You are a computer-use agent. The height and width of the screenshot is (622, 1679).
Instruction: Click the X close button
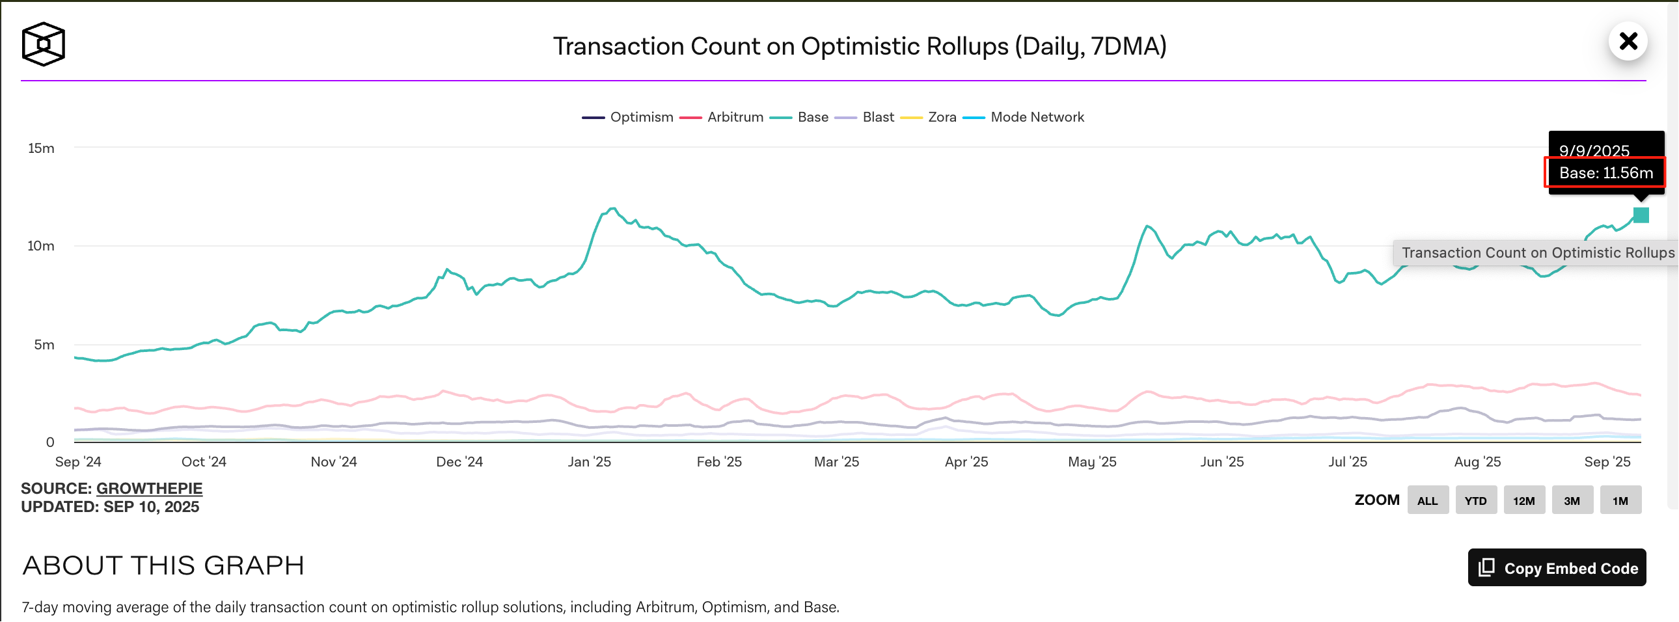pyautogui.click(x=1628, y=42)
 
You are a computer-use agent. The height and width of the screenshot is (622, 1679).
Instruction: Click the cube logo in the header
pyautogui.click(x=43, y=44)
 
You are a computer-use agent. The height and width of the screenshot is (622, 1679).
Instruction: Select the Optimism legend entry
pyautogui.click(x=627, y=117)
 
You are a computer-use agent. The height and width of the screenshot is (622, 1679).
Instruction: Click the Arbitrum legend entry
pyautogui.click(x=722, y=117)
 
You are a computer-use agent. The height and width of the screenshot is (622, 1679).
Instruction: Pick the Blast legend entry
pyautogui.click(x=865, y=117)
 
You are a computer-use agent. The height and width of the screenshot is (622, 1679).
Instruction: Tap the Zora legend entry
pyautogui.click(x=929, y=117)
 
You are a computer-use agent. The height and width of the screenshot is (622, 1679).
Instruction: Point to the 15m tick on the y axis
pyautogui.click(x=41, y=148)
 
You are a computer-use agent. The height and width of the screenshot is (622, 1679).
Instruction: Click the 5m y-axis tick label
pyautogui.click(x=44, y=345)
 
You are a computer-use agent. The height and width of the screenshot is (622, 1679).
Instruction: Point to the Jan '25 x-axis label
pyautogui.click(x=589, y=462)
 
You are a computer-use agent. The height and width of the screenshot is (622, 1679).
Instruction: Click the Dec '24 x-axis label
pyautogui.click(x=459, y=462)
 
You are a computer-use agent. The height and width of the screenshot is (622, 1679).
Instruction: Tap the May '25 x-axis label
pyautogui.click(x=1092, y=462)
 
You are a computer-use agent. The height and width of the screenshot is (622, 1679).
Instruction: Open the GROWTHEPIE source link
pyautogui.click(x=149, y=489)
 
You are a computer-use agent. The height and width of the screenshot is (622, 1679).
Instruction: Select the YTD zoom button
pyautogui.click(x=1476, y=500)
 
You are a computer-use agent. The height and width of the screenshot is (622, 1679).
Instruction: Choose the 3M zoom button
pyautogui.click(x=1572, y=500)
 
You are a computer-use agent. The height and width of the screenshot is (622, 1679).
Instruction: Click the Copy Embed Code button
pyautogui.click(x=1557, y=568)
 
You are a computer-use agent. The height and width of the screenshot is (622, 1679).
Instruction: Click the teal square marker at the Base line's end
pyautogui.click(x=1641, y=215)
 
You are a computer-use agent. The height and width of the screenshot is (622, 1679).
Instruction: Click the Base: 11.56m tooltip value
pyautogui.click(x=1605, y=173)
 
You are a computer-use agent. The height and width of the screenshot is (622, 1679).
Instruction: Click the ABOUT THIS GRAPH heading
pyautogui.click(x=163, y=565)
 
